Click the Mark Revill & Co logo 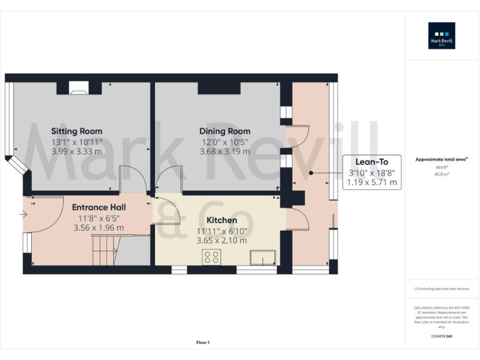click(441, 36)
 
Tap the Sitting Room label click(76, 131)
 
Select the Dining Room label click(224, 131)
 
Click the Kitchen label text click(222, 221)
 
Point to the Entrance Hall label click(99, 207)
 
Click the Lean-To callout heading click(372, 162)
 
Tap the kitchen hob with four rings click(211, 257)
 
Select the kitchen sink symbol click(262, 257)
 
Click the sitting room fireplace click(78, 89)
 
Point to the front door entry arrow click(24, 215)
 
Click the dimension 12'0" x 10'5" click(224, 141)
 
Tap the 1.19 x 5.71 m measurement click(372, 182)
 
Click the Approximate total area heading click(441, 160)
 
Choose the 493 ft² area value click(441, 167)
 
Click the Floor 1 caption click(202, 342)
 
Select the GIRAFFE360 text click(441, 337)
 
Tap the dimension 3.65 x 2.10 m click(222, 241)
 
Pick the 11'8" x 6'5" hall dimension click(99, 218)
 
